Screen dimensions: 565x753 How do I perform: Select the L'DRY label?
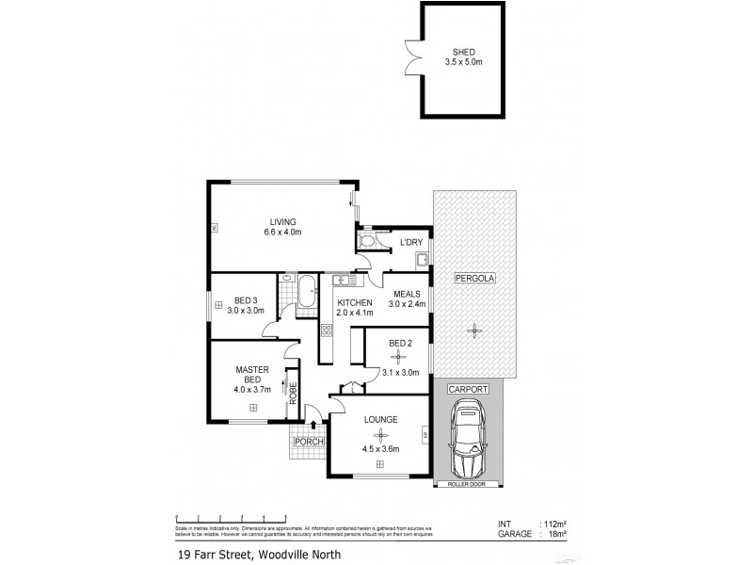pos(410,243)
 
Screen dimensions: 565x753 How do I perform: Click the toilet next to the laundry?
pos(368,242)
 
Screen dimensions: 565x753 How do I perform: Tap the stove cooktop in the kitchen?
pos(327,331)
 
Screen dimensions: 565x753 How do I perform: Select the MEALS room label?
pos(408,293)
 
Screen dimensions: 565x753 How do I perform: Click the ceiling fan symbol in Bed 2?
pos(400,358)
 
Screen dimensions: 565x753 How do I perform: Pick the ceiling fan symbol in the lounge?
pos(380,434)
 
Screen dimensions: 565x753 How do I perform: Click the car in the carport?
pos(468,438)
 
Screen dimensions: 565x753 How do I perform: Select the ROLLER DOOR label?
pos(469,485)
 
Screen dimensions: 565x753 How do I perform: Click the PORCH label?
pos(309,442)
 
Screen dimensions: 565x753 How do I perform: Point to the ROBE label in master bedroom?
pos(293,395)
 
